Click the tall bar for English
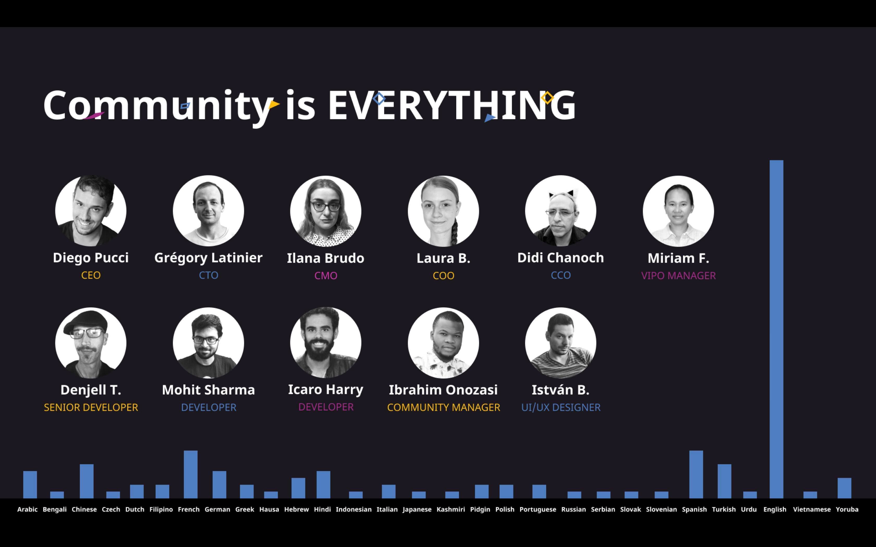click(x=776, y=329)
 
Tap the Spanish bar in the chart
click(x=696, y=474)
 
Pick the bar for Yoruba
click(x=844, y=488)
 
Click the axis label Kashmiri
click(x=451, y=509)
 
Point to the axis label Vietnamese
click(x=812, y=509)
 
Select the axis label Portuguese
click(x=538, y=509)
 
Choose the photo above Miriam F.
click(x=678, y=211)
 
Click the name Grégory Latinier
click(x=209, y=258)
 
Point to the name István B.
click(x=560, y=390)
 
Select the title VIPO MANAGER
click(x=678, y=276)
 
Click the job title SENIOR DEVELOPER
click(x=91, y=407)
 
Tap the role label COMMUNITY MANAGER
click(x=443, y=407)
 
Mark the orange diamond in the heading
click(x=547, y=98)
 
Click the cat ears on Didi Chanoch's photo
click(x=561, y=194)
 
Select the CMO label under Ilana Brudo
click(x=326, y=276)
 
